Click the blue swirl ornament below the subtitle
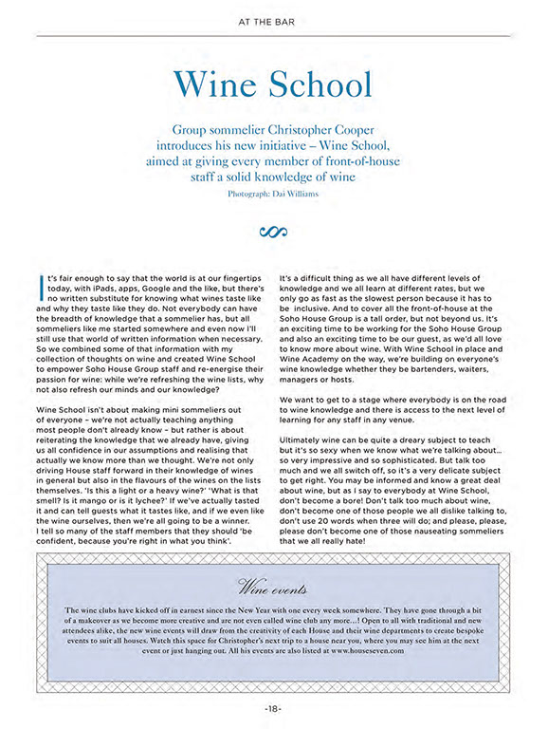(274, 231)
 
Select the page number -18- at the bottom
(274, 707)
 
